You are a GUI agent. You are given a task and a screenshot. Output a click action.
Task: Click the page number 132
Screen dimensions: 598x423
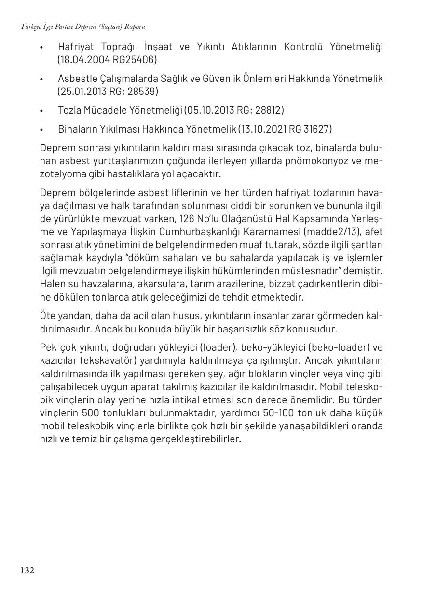(x=27, y=571)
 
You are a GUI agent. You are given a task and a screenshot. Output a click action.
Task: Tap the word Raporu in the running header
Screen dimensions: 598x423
(x=135, y=27)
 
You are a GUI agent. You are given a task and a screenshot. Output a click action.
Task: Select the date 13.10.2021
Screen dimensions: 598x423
(x=264, y=129)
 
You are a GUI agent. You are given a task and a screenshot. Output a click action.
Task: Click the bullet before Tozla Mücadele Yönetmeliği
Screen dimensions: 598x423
(x=42, y=111)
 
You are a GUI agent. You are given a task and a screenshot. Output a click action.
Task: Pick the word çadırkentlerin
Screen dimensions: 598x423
(x=325, y=284)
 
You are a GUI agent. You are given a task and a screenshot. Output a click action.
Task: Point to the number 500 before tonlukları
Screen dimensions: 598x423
(x=90, y=413)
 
